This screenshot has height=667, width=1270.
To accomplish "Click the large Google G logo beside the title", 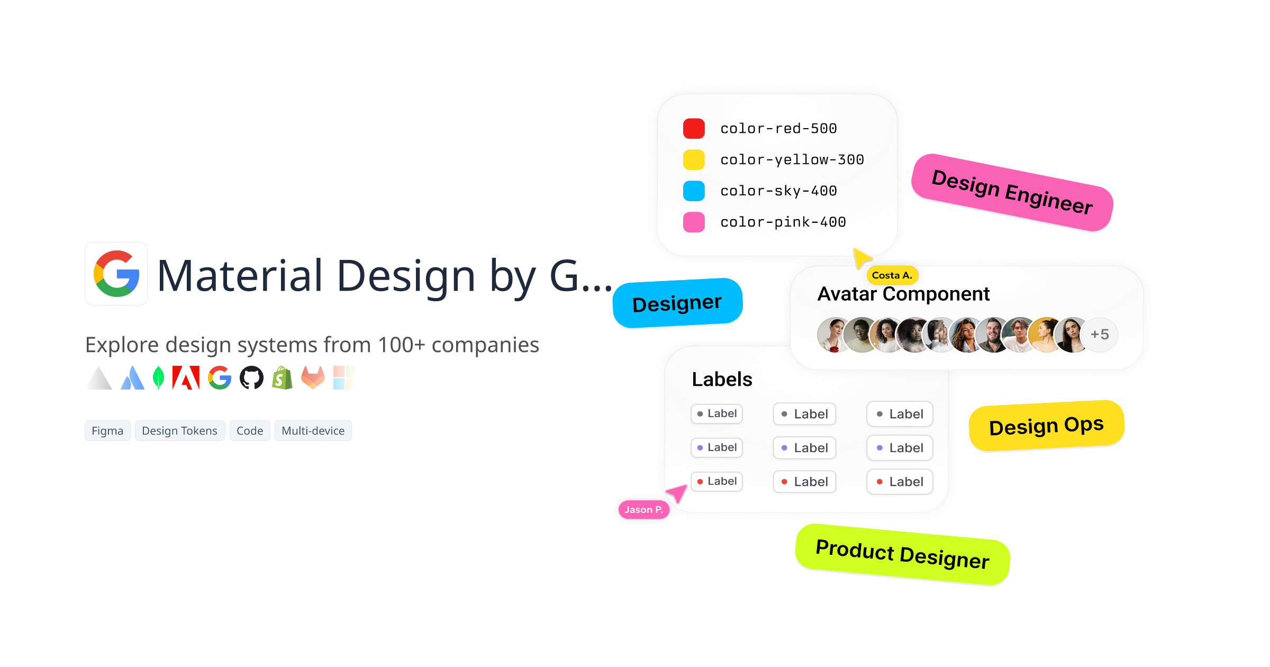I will click(116, 274).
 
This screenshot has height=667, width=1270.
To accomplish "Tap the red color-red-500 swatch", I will click(694, 129).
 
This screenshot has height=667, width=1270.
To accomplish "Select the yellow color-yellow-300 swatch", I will click(694, 160).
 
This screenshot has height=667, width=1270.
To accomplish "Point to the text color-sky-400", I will click(778, 191).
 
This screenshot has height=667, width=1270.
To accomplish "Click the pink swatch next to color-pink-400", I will click(694, 222).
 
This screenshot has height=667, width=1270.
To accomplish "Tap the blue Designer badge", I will click(677, 303).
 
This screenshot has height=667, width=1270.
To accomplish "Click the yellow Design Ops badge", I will click(1046, 426).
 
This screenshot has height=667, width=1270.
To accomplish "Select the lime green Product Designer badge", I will click(902, 554).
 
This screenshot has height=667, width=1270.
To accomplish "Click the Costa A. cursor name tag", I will click(892, 275).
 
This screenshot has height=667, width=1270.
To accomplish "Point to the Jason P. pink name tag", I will click(643, 510).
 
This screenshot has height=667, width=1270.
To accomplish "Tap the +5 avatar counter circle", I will click(1100, 335).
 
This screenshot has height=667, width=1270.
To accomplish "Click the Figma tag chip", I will click(107, 431).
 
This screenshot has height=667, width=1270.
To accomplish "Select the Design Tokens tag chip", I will click(179, 431).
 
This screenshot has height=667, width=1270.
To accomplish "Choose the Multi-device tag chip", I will click(313, 431).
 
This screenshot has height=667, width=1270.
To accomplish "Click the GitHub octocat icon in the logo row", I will click(251, 378).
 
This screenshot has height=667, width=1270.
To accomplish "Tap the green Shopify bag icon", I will click(282, 378).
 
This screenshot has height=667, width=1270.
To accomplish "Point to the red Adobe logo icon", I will click(186, 378).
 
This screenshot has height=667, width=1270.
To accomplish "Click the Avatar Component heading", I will click(903, 294).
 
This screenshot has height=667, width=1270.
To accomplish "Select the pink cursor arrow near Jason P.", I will click(678, 493).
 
